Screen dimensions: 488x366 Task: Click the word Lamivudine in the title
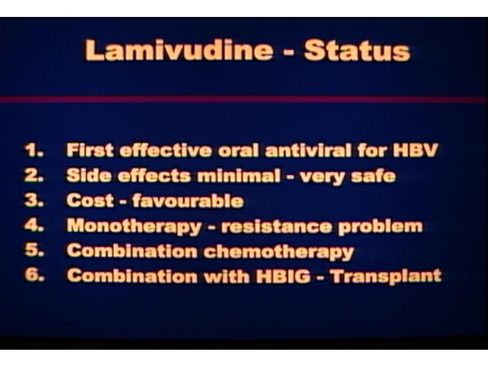pyautogui.click(x=179, y=50)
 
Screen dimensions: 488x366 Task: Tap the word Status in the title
pyautogui.click(x=357, y=50)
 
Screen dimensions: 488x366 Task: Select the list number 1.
pyautogui.click(x=34, y=150)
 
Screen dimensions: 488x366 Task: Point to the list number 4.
pyautogui.click(x=34, y=225)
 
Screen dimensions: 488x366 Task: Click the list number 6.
pyautogui.click(x=35, y=275)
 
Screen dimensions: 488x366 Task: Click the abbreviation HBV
pyautogui.click(x=415, y=150)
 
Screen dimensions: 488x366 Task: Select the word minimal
pyautogui.click(x=239, y=176)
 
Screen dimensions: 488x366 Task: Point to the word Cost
pyautogui.click(x=90, y=201)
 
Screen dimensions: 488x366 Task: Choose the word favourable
pyautogui.click(x=188, y=201)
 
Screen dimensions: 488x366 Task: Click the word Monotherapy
pyautogui.click(x=134, y=226)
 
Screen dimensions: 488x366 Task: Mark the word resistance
pyautogui.click(x=276, y=226)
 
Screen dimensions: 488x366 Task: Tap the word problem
pyautogui.click(x=380, y=227)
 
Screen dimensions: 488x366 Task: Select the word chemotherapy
pyautogui.click(x=279, y=251)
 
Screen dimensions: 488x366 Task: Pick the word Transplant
pyautogui.click(x=386, y=277)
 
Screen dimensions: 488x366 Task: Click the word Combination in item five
pyautogui.click(x=132, y=251)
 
